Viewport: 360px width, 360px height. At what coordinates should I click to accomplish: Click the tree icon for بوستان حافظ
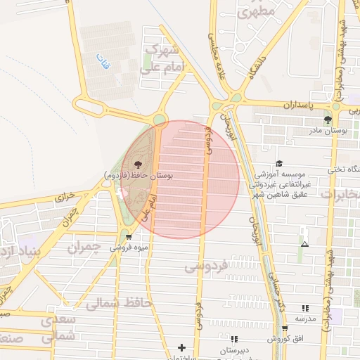click(136, 164)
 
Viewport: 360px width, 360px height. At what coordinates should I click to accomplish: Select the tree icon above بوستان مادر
click(328, 120)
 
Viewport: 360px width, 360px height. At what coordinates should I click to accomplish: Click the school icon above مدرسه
click(304, 308)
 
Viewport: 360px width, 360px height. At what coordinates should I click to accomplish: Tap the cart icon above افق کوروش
click(284, 328)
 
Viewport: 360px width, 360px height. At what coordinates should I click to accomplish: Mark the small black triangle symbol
click(304, 245)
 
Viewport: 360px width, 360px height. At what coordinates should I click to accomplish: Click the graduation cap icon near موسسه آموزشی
click(279, 163)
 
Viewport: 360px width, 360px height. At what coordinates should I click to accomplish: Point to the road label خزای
click(65, 198)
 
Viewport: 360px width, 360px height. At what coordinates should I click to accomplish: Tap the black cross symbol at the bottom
click(182, 347)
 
